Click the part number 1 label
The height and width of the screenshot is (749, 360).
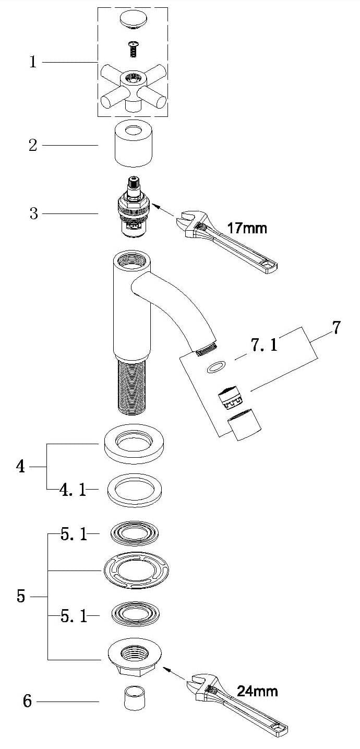coord(33,62)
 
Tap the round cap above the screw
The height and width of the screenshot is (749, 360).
coord(133,19)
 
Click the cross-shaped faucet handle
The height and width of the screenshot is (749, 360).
coord(133,86)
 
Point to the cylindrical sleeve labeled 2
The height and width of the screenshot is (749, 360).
coord(133,144)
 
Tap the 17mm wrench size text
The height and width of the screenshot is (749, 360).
coord(247,228)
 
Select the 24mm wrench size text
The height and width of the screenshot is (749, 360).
coord(257,691)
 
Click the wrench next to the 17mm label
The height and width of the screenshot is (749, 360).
coord(224,240)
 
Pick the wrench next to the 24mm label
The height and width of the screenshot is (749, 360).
coord(235,705)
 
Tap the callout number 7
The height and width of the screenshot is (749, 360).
coord(336,328)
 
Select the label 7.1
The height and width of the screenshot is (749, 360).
coord(265,345)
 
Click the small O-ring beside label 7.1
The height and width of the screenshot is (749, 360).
coord(215,368)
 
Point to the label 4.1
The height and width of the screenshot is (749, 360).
coord(73,490)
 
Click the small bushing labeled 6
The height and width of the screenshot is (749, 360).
coord(134,698)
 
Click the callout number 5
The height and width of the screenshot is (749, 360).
coord(21,596)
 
